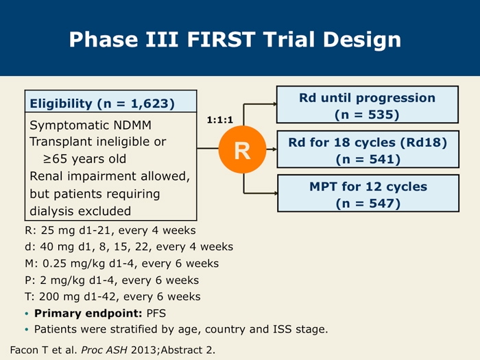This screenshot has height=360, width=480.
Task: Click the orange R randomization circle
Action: [x=242, y=149]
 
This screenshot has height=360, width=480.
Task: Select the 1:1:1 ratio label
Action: [x=220, y=120]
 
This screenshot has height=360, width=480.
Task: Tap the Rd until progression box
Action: [x=368, y=105]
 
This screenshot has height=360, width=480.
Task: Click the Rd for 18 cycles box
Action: [x=368, y=149]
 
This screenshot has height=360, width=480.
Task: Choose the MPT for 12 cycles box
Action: [x=368, y=193]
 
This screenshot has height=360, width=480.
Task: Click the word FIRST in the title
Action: [x=221, y=39]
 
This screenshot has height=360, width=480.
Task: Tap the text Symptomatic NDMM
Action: [x=91, y=125]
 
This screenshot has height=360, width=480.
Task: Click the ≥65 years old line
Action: [x=84, y=159]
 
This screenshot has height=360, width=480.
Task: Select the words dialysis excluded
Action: [x=80, y=211]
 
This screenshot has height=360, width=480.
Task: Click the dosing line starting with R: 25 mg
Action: [x=110, y=230]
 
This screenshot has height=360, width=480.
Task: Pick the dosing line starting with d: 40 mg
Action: [x=129, y=247]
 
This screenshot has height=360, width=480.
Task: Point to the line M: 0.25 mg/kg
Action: [x=122, y=263]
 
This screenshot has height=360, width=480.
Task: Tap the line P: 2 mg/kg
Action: [x=112, y=280]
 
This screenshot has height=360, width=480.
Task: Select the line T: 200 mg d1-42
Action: [x=112, y=297]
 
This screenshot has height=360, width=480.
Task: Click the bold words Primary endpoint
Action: [x=88, y=313]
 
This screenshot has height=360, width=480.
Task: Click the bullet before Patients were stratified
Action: [x=27, y=330]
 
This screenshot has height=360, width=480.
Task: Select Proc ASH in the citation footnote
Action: [x=104, y=350]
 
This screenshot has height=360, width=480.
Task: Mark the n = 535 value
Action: [x=367, y=115]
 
